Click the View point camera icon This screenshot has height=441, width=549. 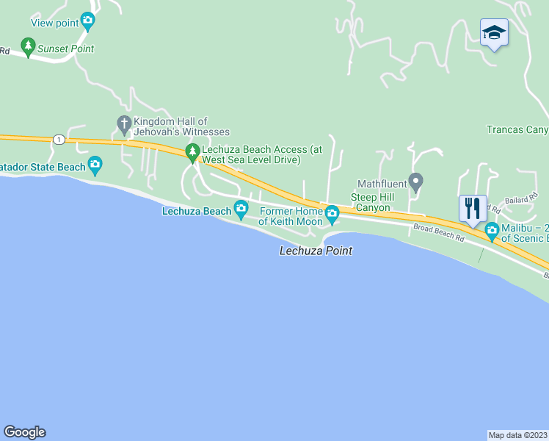pyautogui.click(x=88, y=21)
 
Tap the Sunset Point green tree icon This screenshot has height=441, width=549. pyautogui.click(x=29, y=48)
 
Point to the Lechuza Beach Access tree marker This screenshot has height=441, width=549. pyautogui.click(x=193, y=153)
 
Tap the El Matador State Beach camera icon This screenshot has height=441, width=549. pyautogui.click(x=95, y=165)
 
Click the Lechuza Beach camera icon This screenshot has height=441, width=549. pyautogui.click(x=241, y=210)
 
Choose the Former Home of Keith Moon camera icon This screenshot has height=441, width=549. pyautogui.click(x=332, y=215)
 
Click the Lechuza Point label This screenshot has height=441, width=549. pyautogui.click(x=316, y=251)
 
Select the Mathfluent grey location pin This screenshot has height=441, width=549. pyautogui.click(x=415, y=181)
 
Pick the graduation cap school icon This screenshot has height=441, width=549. pyautogui.click(x=494, y=32)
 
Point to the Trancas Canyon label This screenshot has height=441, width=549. pyautogui.click(x=517, y=130)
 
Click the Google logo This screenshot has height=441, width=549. pyautogui.click(x=24, y=432)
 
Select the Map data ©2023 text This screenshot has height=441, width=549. pyautogui.click(x=518, y=434)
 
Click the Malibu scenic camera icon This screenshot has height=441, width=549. pyautogui.click(x=492, y=231)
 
